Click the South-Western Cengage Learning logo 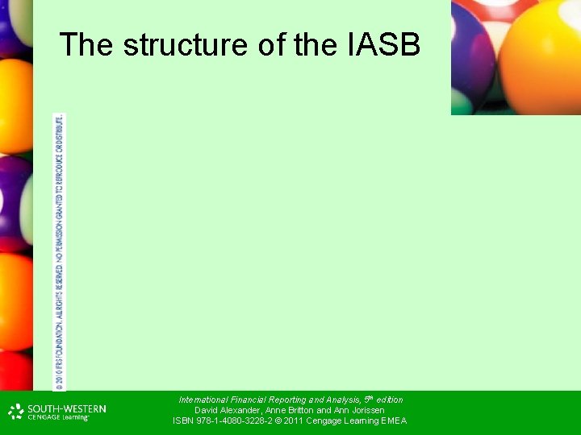coord(56,412)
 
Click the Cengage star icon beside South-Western coord(16,412)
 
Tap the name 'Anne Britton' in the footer coord(288,410)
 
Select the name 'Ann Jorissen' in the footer coord(359,410)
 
